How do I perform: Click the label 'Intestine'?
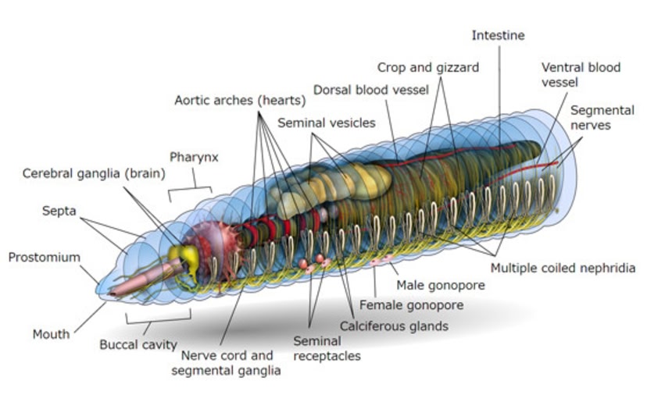499,36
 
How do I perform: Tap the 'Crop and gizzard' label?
427,67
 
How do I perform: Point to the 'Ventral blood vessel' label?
581,74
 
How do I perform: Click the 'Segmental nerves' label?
602,117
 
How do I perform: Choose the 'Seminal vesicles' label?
326,123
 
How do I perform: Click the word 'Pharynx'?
194,157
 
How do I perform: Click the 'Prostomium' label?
45,257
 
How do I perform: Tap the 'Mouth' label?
51,334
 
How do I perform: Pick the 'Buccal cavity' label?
138,344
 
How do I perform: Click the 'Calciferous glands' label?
394,326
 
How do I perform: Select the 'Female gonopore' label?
411,304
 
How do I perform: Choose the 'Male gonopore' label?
441,285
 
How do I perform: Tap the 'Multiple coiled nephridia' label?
563,268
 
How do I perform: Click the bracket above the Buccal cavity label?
158,318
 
